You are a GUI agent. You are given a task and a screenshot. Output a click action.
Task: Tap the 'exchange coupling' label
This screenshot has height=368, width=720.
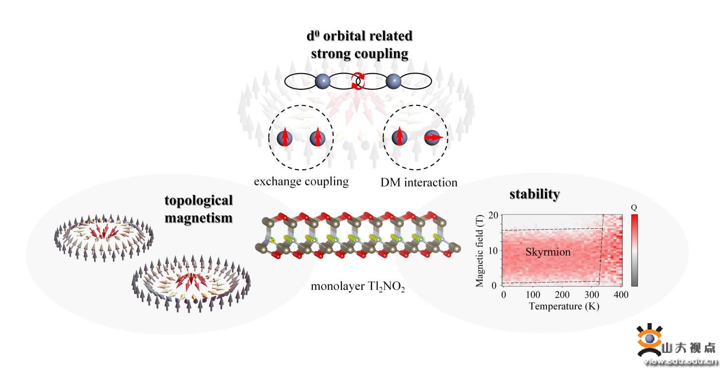tap(301, 182)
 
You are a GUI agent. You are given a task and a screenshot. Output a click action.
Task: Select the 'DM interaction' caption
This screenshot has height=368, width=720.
tap(419, 183)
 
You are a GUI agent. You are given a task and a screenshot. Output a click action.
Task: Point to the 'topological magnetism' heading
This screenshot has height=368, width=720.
tap(199, 209)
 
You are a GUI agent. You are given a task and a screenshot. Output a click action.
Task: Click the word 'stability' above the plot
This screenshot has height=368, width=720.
tap(534, 194)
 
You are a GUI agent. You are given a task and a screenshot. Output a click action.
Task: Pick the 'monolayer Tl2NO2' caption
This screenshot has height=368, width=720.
tap(358, 287)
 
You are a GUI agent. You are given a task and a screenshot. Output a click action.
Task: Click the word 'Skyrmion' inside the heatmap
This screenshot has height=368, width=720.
tap(548, 252)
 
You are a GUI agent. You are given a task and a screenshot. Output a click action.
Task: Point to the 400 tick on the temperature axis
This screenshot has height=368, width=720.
tap(620, 295)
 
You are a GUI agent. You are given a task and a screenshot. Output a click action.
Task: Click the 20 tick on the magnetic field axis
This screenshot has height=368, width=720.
tap(493, 215)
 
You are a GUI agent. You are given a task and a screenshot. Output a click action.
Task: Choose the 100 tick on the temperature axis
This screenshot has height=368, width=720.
tap(533, 295)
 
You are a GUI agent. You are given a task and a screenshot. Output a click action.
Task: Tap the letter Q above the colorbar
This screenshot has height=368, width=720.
tap(634, 208)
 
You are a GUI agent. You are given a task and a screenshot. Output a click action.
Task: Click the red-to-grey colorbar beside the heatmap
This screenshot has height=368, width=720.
tap(634, 250)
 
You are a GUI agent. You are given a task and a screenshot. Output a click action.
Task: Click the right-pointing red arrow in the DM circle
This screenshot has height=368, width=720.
tap(435, 138)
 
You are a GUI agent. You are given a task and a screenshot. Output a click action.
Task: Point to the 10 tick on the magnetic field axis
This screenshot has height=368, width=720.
tap(493, 250)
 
